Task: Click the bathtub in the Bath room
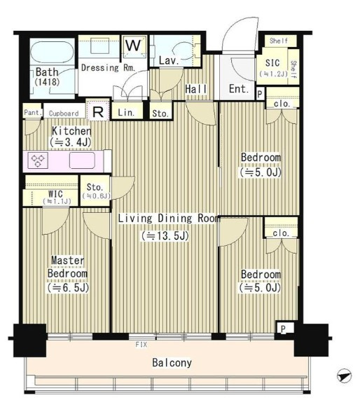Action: coord(52,52)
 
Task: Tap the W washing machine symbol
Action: coord(134,47)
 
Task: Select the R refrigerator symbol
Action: coord(98,111)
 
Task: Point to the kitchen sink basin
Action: coord(82,160)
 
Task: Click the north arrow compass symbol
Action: coord(344,375)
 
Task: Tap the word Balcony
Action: coord(172,362)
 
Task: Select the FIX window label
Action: coord(141,345)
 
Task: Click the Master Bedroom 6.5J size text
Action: coord(68,288)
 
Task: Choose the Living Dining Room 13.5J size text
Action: coord(165,236)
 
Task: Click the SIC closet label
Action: coord(272,63)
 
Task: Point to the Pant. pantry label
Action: coord(33,113)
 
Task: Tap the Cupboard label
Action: coord(64,113)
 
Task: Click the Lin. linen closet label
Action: coord(126,113)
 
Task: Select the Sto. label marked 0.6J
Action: coord(95,191)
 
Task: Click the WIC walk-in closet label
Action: coord(55,194)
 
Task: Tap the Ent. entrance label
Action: coord(239,89)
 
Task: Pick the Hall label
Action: coord(196,89)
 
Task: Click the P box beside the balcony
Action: coord(284,329)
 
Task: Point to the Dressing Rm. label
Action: coord(108,68)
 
